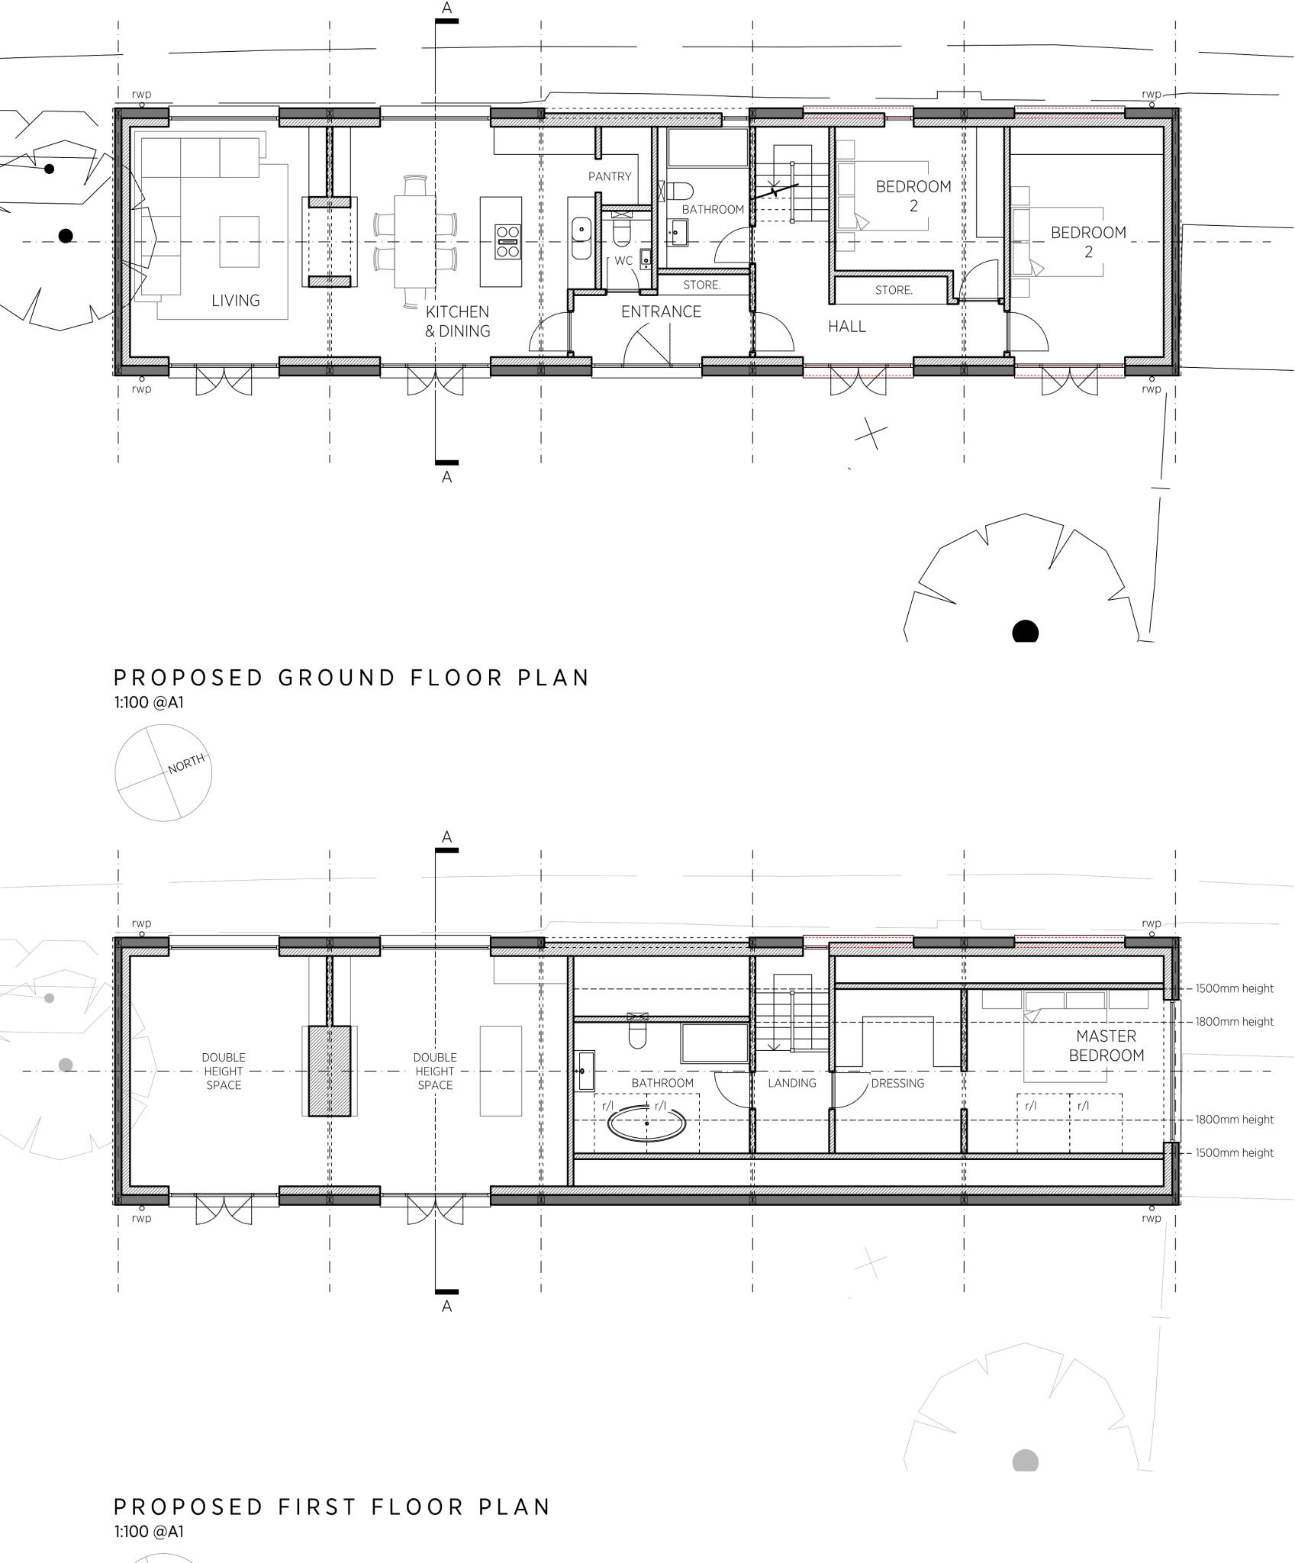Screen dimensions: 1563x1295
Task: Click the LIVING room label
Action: coord(235,301)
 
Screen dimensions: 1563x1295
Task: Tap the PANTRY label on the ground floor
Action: coord(610,176)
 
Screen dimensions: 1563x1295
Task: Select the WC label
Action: coord(623,261)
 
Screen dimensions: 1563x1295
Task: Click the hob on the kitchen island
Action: coord(507,241)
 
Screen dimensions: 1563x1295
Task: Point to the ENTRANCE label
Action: coord(661,311)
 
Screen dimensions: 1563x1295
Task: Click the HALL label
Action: coord(847,327)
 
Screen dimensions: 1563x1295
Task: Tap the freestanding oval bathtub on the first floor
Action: coord(646,1124)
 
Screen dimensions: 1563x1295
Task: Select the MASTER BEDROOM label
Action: coord(1106,1046)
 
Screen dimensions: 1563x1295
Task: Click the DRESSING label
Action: coord(897,1083)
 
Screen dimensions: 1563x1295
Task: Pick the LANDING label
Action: coord(791,1083)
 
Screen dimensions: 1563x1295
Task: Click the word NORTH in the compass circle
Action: coord(186,763)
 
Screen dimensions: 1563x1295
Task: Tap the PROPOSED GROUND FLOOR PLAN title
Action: coord(351,678)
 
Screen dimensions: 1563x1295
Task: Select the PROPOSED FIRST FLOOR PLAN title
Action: coord(332,1507)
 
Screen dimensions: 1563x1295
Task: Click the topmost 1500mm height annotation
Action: coord(1234,988)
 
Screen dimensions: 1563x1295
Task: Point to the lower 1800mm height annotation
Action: coord(1234,1120)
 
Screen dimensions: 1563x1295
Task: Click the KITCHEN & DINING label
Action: coord(457,321)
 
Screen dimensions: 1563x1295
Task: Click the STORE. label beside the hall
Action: coord(894,290)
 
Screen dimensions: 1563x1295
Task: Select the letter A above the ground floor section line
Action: coord(446,8)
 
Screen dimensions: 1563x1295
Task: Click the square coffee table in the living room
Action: coord(239,241)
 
